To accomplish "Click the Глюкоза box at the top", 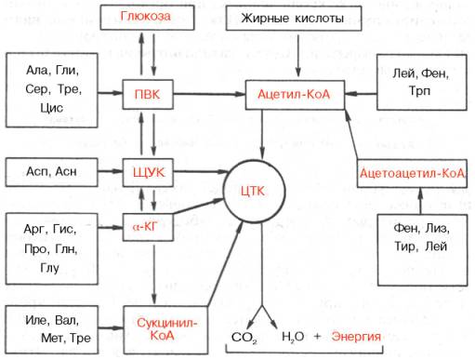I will click(142, 18).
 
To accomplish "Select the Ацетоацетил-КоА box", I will click(415, 172).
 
